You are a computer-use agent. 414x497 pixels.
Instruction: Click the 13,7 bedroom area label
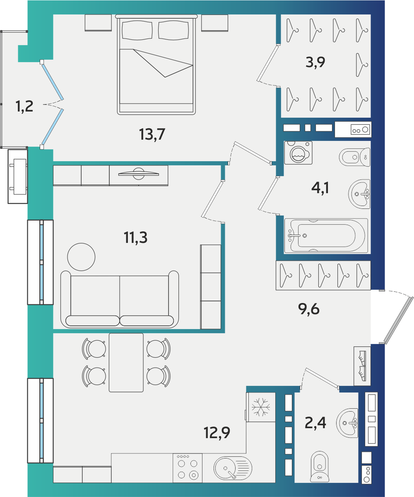pos(152,134)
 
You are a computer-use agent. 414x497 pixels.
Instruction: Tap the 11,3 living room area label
pos(135,238)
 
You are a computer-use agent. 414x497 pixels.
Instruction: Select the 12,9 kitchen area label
pos(217,433)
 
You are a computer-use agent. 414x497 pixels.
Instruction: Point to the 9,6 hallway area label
pos(309,309)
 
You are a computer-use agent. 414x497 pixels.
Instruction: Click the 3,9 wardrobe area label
pos(315,62)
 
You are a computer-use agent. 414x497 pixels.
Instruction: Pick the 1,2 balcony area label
pos(24,106)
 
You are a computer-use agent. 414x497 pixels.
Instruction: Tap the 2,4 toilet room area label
pos(315,423)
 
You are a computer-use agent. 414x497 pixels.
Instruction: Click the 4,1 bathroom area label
pos(320,188)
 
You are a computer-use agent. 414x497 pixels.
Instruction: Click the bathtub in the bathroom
pos(326,236)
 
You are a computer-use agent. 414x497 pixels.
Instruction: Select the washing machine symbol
pos(298,153)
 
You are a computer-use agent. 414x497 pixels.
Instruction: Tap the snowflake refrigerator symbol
pos(261,407)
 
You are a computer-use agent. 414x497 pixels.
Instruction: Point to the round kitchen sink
pos(233,468)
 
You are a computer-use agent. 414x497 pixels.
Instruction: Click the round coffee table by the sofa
pos(81,257)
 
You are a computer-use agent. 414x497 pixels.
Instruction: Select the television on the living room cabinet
pos(139,173)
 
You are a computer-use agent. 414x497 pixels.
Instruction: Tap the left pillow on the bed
pos(137,30)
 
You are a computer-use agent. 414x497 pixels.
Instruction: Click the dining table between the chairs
pos(126,363)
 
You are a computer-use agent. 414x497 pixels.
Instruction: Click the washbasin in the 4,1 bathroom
pos(359,194)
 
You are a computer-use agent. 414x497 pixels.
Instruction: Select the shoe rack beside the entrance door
pos(362,366)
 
